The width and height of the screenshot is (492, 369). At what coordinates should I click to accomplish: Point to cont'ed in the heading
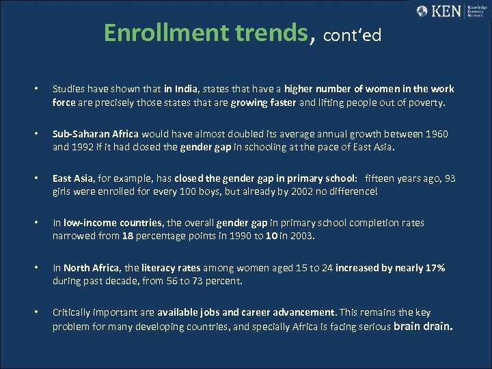(x=351, y=35)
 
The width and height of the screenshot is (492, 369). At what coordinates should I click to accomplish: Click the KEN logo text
(x=448, y=11)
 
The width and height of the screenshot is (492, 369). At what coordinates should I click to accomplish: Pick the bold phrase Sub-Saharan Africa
(x=96, y=134)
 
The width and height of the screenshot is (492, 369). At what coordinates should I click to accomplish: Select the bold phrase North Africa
(x=85, y=268)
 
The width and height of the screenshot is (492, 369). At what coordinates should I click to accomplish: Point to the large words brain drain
(x=423, y=326)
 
